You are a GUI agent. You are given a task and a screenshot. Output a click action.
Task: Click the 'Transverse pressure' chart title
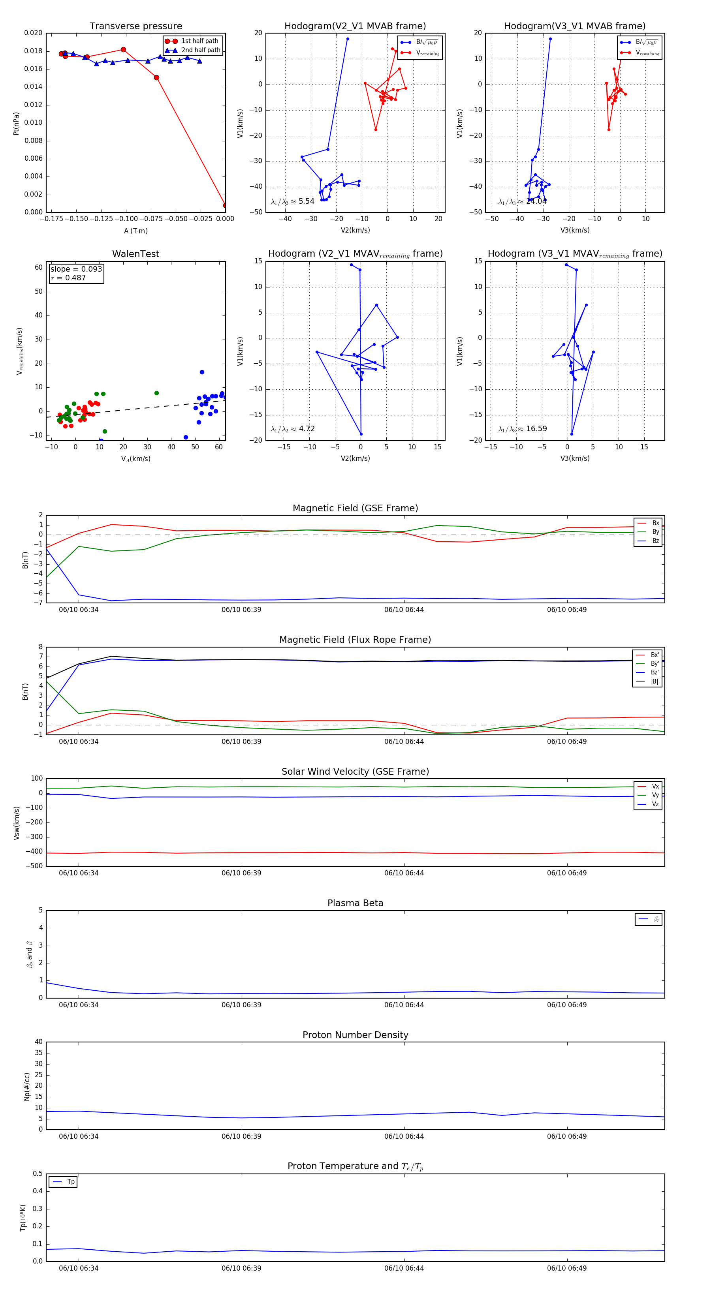(x=135, y=26)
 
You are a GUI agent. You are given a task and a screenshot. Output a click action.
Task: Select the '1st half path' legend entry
(x=199, y=41)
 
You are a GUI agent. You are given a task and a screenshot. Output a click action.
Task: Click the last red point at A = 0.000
(x=225, y=205)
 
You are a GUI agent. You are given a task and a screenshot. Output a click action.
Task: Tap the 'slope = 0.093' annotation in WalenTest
(x=76, y=269)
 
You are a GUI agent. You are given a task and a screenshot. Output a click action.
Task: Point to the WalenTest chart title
(x=135, y=254)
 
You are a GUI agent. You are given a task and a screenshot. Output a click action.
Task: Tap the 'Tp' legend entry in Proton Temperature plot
(x=71, y=1182)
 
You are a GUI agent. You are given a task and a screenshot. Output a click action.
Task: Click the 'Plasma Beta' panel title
(x=355, y=903)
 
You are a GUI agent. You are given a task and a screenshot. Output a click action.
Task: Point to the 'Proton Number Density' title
(x=355, y=1035)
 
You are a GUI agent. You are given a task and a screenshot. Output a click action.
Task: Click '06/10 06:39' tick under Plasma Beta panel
(x=241, y=1004)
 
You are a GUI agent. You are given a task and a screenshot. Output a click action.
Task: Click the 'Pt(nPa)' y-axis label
(x=16, y=124)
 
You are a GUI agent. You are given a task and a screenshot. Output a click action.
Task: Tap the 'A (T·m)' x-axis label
(x=135, y=231)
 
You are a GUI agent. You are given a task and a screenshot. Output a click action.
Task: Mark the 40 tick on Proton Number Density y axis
(x=38, y=1042)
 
